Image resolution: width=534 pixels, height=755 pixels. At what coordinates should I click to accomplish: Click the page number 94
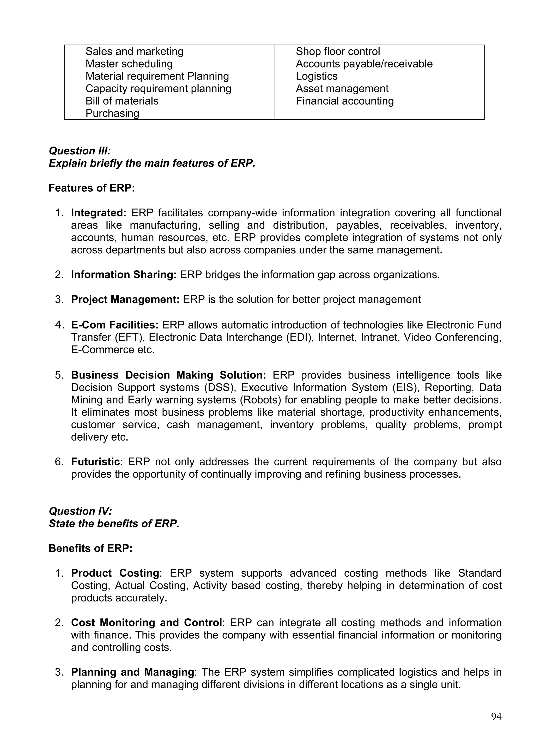pyautogui.click(x=496, y=716)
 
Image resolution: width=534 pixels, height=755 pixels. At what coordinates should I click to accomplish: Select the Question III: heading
pyautogui.click(x=80, y=151)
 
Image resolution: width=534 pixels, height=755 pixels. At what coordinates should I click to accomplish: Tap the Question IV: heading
pyautogui.click(x=80, y=511)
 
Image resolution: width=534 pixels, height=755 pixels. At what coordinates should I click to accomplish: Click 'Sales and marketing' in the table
pyautogui.click(x=135, y=52)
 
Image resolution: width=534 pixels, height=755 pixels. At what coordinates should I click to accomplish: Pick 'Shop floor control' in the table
pyautogui.click(x=338, y=52)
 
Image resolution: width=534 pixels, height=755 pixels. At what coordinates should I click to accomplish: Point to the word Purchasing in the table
pyautogui.click(x=112, y=113)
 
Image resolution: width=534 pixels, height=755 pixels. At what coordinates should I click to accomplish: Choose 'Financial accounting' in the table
pyautogui.click(x=345, y=101)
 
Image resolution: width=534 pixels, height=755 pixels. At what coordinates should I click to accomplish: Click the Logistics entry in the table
pyautogui.click(x=316, y=76)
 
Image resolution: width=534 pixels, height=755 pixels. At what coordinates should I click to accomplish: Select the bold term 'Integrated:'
pyautogui.click(x=99, y=213)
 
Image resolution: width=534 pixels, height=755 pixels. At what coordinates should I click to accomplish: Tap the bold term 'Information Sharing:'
pyautogui.click(x=124, y=275)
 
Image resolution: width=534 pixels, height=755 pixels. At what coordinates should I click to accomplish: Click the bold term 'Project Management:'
pyautogui.click(x=125, y=300)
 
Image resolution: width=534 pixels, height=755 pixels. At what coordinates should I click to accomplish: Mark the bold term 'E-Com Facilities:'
pyautogui.click(x=115, y=325)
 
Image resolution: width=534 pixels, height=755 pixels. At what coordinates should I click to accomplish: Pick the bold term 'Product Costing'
pyautogui.click(x=115, y=573)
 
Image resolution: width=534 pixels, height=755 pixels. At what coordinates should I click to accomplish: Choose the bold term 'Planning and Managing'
pyautogui.click(x=132, y=672)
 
